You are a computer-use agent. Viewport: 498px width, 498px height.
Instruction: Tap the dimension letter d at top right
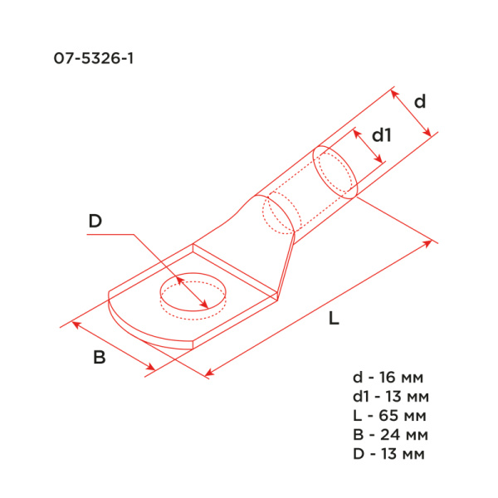pyautogui.click(x=420, y=101)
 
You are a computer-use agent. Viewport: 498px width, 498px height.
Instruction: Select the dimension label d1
pyautogui.click(x=380, y=134)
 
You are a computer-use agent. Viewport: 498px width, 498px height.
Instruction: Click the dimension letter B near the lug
pyautogui.click(x=99, y=358)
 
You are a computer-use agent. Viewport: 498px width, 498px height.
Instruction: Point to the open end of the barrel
pyautogui.click(x=335, y=172)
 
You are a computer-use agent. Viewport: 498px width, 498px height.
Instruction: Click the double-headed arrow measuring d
pyautogui.click(x=412, y=112)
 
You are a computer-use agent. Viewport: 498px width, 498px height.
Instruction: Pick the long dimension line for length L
pyautogui.click(x=320, y=308)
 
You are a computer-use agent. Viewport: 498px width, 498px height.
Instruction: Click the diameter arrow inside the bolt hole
pyautogui.click(x=191, y=292)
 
